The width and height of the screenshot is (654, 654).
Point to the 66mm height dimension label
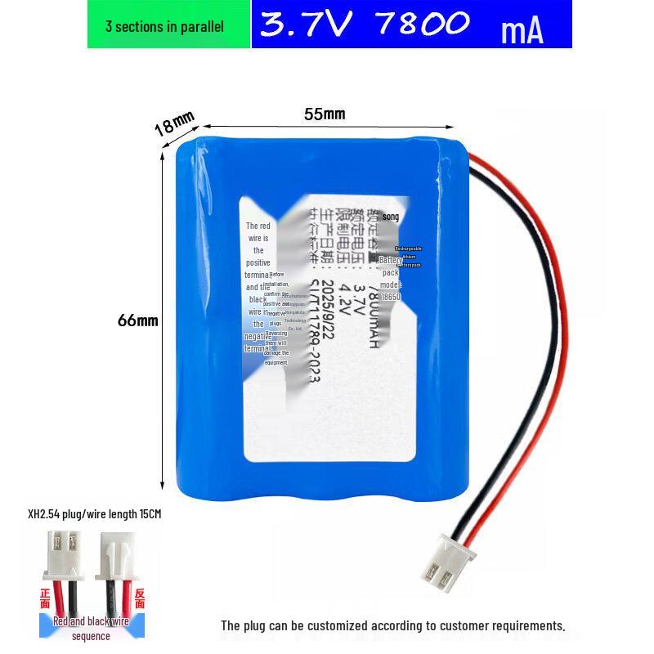pyautogui.click(x=137, y=320)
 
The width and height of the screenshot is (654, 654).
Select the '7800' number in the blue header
pyautogui.click(x=422, y=24)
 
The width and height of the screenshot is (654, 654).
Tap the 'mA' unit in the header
pyautogui.click(x=522, y=30)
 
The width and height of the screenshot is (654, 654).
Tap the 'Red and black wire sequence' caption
pyautogui.click(x=91, y=628)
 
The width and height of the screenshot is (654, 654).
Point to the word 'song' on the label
pyautogui.click(x=391, y=217)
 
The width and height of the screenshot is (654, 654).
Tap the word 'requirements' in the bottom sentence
pyautogui.click(x=526, y=625)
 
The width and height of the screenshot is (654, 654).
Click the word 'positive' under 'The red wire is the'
pyautogui.click(x=258, y=263)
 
